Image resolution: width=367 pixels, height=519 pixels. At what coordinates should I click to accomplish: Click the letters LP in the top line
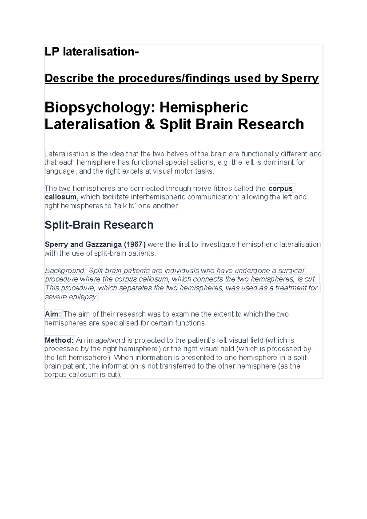52,52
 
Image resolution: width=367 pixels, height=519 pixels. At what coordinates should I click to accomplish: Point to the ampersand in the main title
150,124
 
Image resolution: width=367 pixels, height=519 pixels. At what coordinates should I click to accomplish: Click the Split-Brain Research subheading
99,225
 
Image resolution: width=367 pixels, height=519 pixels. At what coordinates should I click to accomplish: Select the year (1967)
135,245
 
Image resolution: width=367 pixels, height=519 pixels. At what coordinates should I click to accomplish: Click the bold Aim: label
53,314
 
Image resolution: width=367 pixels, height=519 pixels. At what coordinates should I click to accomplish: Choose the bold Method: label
59,340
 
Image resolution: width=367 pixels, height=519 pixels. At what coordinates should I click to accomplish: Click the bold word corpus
280,188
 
